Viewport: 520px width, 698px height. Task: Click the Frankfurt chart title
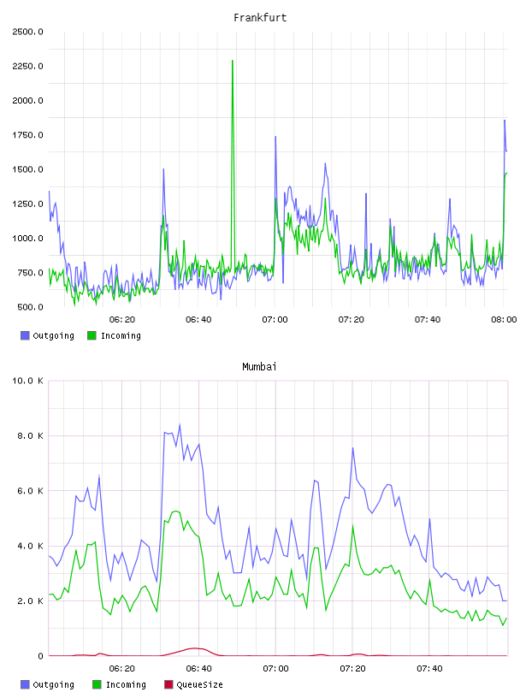click(260, 18)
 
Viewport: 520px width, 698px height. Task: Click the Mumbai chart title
click(259, 367)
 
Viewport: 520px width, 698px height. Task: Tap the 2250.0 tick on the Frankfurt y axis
click(27, 67)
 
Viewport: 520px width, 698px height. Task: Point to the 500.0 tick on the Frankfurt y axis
click(30, 307)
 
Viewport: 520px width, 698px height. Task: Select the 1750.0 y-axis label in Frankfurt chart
click(27, 135)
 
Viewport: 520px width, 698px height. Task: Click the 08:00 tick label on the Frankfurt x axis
click(504, 320)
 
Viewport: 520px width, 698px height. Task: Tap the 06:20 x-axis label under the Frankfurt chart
click(122, 320)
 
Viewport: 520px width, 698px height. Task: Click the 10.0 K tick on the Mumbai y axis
click(27, 381)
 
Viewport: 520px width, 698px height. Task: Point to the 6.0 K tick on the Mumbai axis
click(30, 491)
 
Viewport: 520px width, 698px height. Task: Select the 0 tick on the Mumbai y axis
click(40, 656)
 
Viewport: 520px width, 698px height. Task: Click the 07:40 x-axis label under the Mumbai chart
click(429, 669)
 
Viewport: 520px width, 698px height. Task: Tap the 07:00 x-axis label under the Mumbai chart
click(275, 669)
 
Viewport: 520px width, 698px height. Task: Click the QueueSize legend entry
click(193, 684)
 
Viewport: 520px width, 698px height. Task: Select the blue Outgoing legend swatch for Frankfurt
click(25, 335)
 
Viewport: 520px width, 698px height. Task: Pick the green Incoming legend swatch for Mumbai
click(97, 684)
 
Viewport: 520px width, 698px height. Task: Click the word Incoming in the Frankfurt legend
click(121, 335)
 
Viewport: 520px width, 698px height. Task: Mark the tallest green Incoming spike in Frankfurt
click(233, 61)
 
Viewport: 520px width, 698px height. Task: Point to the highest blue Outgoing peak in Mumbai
click(180, 424)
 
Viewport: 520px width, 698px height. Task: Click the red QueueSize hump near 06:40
click(193, 648)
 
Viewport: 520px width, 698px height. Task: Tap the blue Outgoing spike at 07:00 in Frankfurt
click(275, 137)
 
